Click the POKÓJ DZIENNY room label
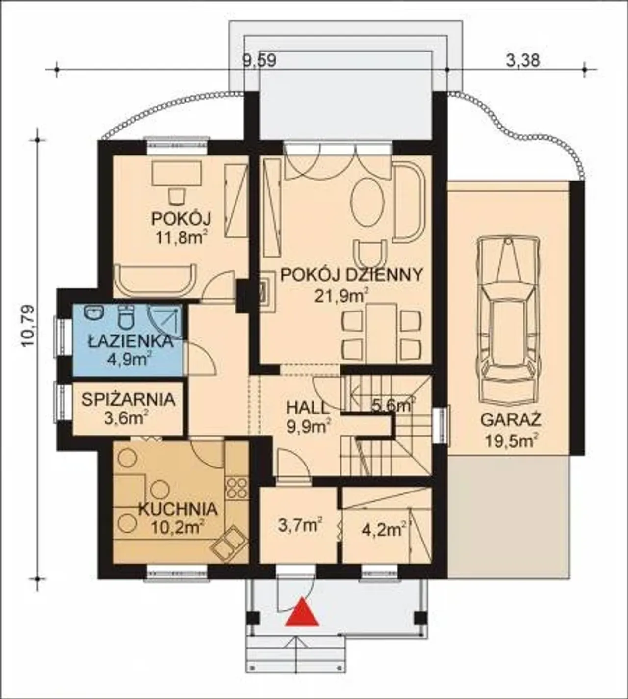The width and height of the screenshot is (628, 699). click(x=351, y=275)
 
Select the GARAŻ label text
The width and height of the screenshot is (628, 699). click(x=511, y=420)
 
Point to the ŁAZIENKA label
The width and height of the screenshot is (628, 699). click(x=130, y=341)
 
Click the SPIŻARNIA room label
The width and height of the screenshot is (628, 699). click(x=129, y=400)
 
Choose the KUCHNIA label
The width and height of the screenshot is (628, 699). click(x=177, y=509)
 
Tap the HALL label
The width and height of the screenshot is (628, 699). click(x=307, y=409)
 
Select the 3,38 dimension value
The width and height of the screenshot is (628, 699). click(x=523, y=61)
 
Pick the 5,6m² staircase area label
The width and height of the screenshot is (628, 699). click(x=392, y=405)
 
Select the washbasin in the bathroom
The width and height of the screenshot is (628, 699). click(x=94, y=313)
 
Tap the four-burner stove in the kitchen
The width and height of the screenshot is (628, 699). click(x=237, y=488)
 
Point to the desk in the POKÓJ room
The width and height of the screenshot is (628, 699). click(x=177, y=174)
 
